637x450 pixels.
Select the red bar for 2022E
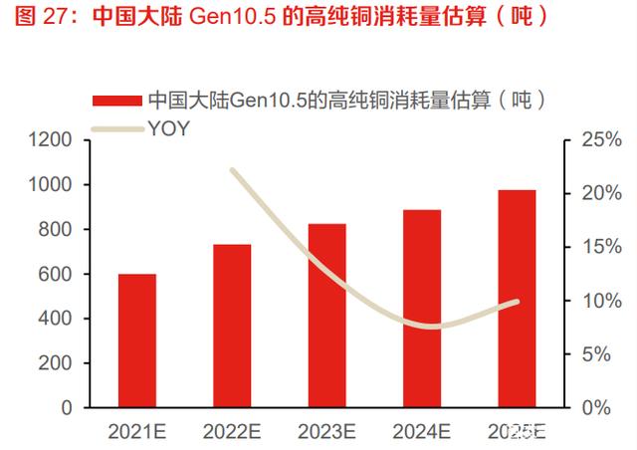[232, 325]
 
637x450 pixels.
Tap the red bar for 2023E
[326, 315]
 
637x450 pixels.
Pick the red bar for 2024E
[422, 308]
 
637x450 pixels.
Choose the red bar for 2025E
[517, 298]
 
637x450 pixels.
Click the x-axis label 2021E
[136, 431]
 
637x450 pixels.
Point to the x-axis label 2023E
[326, 431]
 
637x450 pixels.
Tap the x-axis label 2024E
[422, 431]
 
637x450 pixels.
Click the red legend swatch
[117, 101]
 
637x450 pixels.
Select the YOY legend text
[168, 128]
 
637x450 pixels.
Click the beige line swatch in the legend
[117, 128]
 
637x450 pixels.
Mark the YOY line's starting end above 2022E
[232, 171]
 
